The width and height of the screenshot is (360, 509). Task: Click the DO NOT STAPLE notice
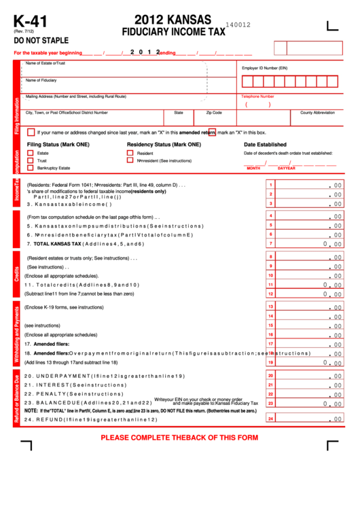coord(41,40)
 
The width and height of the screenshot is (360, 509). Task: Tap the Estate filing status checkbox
coord(31,154)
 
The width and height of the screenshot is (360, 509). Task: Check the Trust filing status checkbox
coord(31,160)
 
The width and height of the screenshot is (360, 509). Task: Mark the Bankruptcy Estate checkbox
coord(31,168)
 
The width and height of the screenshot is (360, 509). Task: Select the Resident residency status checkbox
coord(130,154)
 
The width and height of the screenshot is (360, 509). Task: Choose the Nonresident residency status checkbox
coord(130,160)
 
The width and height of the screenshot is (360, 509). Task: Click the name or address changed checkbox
coord(31,133)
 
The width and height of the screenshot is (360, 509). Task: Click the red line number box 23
coord(270,403)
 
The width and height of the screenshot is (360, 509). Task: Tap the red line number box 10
coord(270,275)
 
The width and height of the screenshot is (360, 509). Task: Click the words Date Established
coord(265,145)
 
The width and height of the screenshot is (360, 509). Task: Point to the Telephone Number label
coord(258,96)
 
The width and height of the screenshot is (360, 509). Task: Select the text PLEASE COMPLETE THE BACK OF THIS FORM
coord(179,437)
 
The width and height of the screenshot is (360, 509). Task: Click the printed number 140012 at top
coord(238,24)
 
